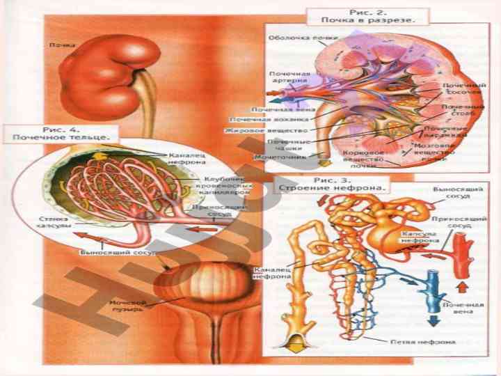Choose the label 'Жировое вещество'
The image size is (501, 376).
(x=253, y=130)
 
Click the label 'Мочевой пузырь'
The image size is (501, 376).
(x=127, y=306)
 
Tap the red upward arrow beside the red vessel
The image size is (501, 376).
(x=461, y=285)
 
